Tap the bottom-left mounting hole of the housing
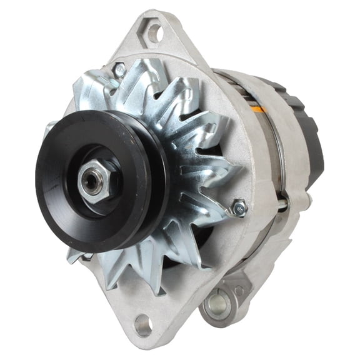142,324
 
